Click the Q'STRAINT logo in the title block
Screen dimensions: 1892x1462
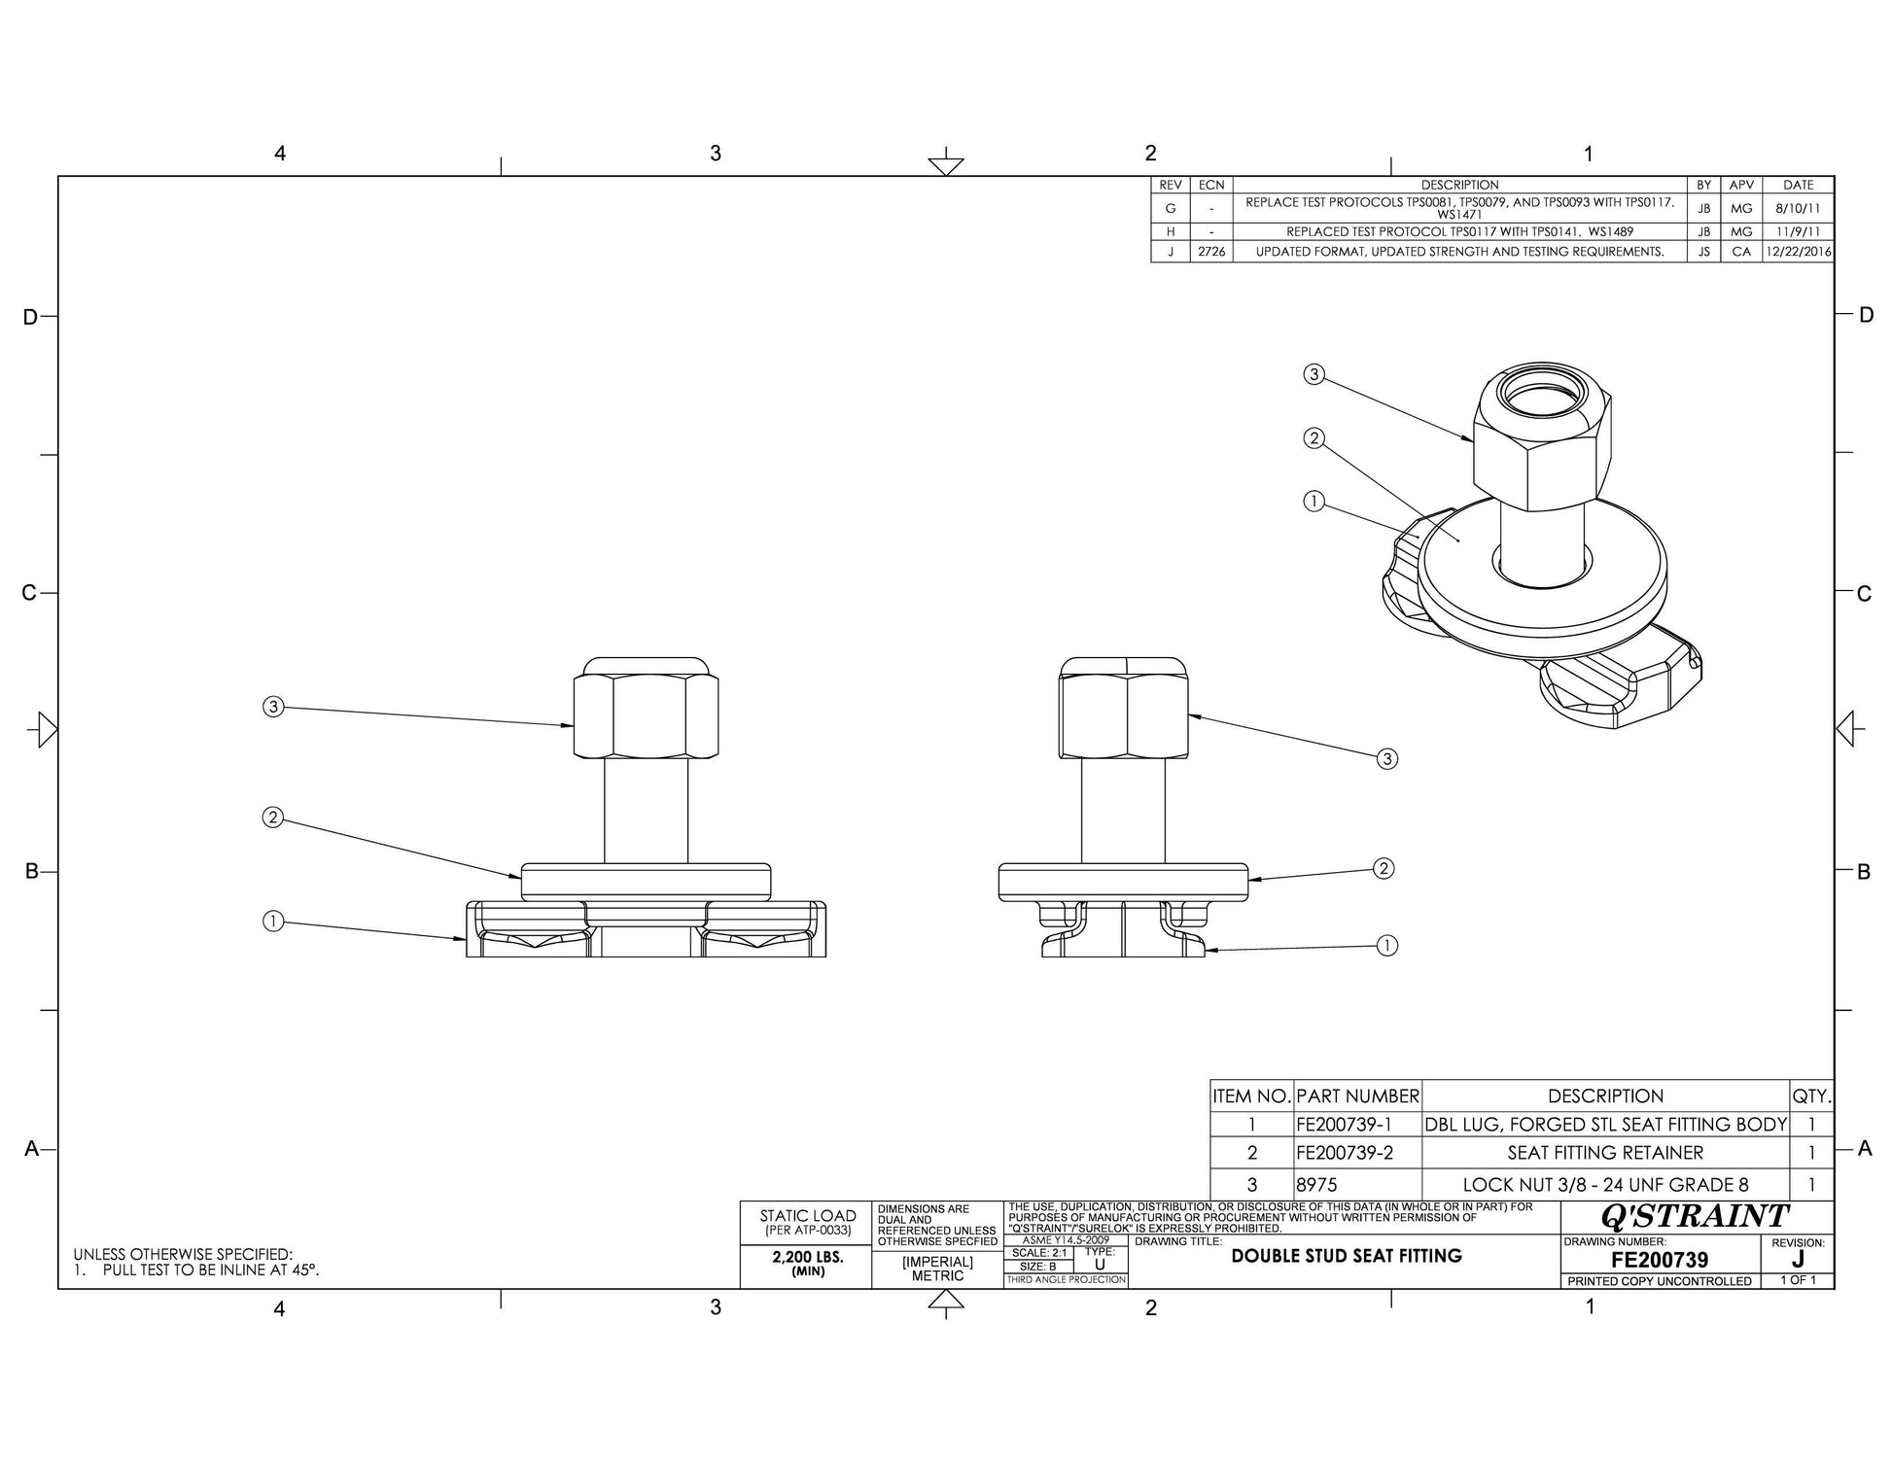click(1694, 1216)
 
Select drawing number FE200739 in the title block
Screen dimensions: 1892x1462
click(1660, 1260)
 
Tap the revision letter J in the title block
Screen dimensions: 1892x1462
click(1797, 1260)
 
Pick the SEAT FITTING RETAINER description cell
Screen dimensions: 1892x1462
click(1605, 1153)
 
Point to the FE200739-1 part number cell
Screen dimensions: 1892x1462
click(1345, 1125)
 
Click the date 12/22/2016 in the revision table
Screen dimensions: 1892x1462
click(1799, 252)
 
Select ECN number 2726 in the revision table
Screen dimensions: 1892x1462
click(1211, 252)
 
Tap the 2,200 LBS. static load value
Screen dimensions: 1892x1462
click(808, 1257)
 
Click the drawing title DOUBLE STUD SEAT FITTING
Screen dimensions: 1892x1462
click(1347, 1256)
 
